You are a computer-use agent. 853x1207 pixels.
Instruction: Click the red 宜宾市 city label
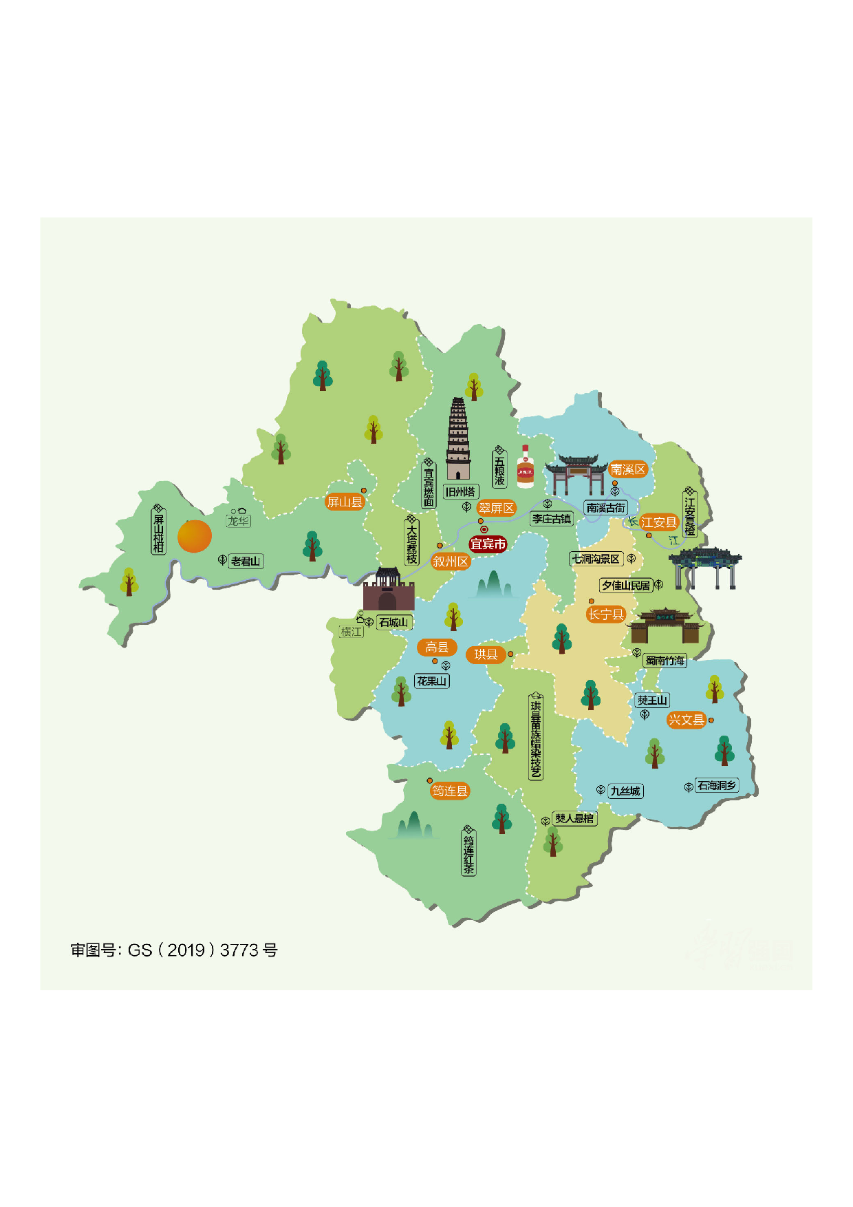[x=488, y=544]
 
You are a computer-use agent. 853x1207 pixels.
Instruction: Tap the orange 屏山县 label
[x=345, y=502]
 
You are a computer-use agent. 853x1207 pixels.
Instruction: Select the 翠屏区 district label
[x=496, y=509]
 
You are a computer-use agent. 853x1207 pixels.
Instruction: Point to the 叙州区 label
[x=451, y=562]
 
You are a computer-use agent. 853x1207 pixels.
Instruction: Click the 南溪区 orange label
[x=628, y=469]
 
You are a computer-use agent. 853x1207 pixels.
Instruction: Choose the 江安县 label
[x=658, y=522]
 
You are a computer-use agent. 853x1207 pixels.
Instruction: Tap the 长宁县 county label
[x=605, y=615]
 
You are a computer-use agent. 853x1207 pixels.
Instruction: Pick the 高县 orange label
[x=437, y=647]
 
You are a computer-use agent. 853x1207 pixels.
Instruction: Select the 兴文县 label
[x=687, y=720]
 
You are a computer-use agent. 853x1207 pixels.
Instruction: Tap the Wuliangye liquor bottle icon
[x=526, y=467]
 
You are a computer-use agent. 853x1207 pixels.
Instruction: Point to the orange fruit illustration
[x=195, y=536]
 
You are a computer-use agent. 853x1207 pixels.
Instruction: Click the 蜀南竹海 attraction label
[x=665, y=661]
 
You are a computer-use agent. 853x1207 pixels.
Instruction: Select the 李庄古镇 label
[x=552, y=519]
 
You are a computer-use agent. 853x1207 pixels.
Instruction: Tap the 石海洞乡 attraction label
[x=717, y=785]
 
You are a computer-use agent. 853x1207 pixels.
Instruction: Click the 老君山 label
[x=246, y=562]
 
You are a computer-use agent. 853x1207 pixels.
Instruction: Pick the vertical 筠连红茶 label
[x=468, y=854]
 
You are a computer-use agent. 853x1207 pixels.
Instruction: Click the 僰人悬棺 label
[x=574, y=818]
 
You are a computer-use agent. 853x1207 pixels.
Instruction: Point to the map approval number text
[x=174, y=950]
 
